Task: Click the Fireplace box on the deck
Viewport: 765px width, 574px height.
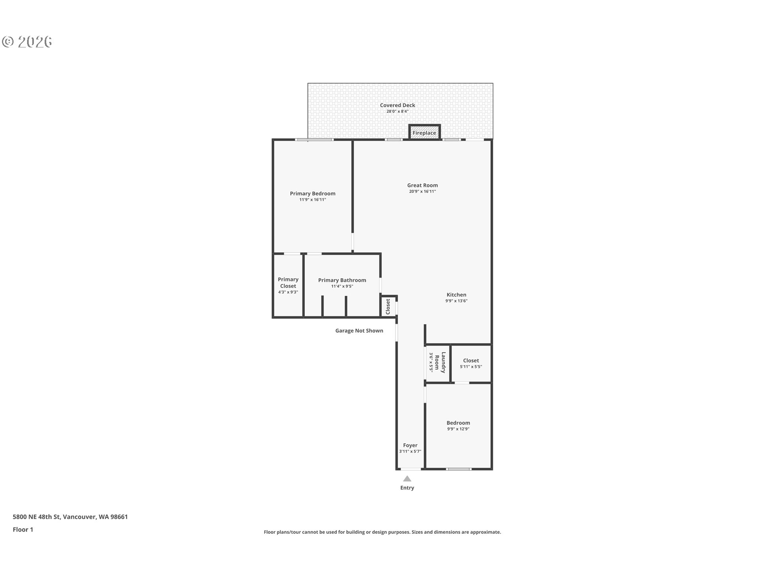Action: [424, 132]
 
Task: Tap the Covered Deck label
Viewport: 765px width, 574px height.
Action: [398, 105]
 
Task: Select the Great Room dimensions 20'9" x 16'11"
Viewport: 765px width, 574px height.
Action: [422, 191]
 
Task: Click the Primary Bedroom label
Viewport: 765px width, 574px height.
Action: [313, 194]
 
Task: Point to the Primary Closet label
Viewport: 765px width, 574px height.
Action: [288, 283]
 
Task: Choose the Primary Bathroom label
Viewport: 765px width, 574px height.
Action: [342, 280]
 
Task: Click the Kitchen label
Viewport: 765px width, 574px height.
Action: [457, 295]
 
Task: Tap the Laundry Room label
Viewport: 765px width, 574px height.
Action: [440, 362]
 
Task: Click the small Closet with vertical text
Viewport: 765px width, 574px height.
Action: [388, 307]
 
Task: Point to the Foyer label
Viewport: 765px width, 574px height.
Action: [410, 446]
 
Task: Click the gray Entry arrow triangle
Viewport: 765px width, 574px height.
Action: [407, 479]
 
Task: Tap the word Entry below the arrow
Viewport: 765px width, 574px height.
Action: [407, 488]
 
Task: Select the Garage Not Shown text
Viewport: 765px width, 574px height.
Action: [359, 331]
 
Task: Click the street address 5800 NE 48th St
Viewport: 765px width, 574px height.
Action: [37, 517]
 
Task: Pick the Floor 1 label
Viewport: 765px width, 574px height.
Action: [23, 530]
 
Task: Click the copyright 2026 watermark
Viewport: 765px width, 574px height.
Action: [27, 41]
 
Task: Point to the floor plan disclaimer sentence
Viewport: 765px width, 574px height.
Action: [382, 532]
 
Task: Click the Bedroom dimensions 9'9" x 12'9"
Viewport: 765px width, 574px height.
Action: [458, 429]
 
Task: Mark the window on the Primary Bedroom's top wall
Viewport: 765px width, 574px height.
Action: [314, 140]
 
